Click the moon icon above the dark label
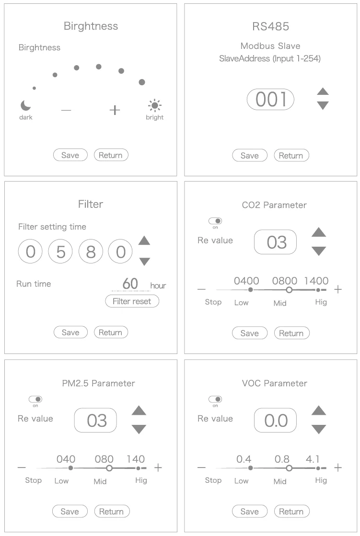click(x=25, y=106)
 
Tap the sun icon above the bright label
click(x=155, y=106)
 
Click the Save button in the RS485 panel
click(x=249, y=156)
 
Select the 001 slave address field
click(x=271, y=100)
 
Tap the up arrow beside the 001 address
click(x=323, y=91)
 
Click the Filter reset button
click(x=132, y=301)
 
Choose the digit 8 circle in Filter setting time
click(x=91, y=251)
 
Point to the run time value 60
click(x=130, y=284)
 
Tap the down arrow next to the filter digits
click(x=144, y=262)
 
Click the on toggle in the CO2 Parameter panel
click(x=215, y=221)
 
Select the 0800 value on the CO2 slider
click(x=284, y=281)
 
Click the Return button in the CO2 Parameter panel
click(x=291, y=333)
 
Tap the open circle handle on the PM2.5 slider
click(x=109, y=468)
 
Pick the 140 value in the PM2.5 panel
click(x=136, y=459)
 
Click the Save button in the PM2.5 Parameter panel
click(x=70, y=512)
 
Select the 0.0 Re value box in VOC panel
click(x=275, y=421)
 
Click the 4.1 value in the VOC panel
click(x=313, y=459)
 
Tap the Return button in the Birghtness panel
click(x=111, y=155)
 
